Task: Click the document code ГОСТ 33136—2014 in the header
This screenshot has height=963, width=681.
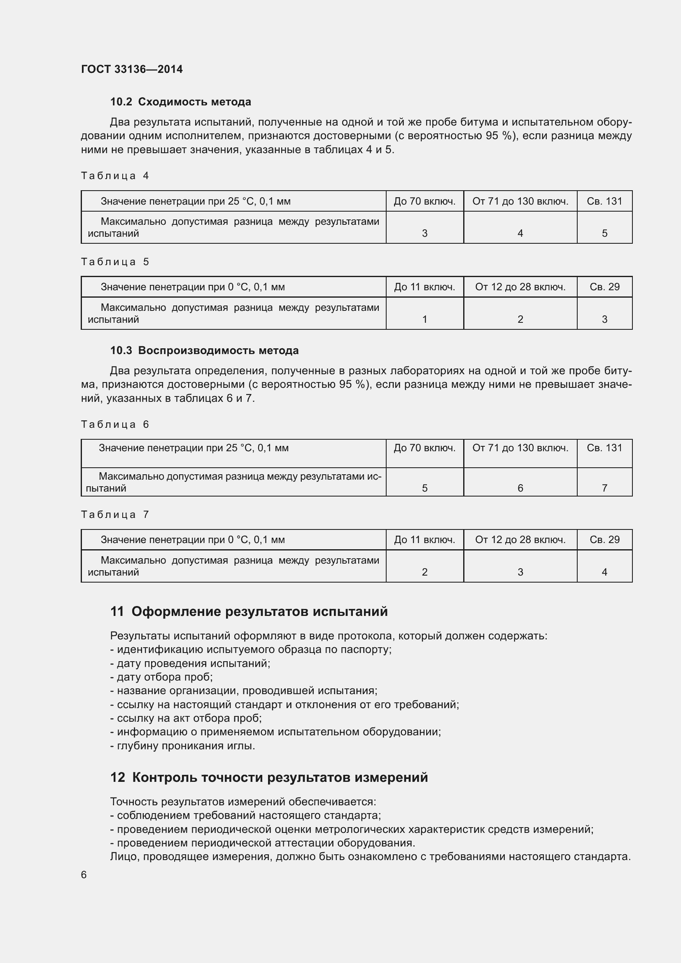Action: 132,69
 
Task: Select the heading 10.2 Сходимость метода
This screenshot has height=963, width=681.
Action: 180,102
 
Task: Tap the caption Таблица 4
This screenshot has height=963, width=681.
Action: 115,176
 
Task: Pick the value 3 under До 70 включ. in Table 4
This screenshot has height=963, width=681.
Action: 424,233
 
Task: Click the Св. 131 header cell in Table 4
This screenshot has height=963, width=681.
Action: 604,201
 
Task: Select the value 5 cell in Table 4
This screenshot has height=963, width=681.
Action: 604,233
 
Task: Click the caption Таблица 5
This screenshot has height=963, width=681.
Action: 115,262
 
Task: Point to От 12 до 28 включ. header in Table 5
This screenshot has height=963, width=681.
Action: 520,287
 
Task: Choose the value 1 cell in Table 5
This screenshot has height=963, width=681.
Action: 424,319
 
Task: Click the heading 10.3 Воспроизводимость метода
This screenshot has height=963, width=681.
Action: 204,351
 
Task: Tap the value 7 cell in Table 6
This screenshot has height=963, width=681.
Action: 604,488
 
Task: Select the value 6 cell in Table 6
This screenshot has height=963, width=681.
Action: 520,488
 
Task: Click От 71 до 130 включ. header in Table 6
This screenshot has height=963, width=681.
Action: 520,448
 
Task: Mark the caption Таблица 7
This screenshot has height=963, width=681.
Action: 115,515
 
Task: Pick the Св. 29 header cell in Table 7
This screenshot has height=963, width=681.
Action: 604,540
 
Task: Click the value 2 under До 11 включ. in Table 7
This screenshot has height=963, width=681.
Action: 424,572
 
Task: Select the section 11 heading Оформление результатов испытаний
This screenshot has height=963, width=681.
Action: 249,612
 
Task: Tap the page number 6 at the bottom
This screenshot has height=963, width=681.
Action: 84,875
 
